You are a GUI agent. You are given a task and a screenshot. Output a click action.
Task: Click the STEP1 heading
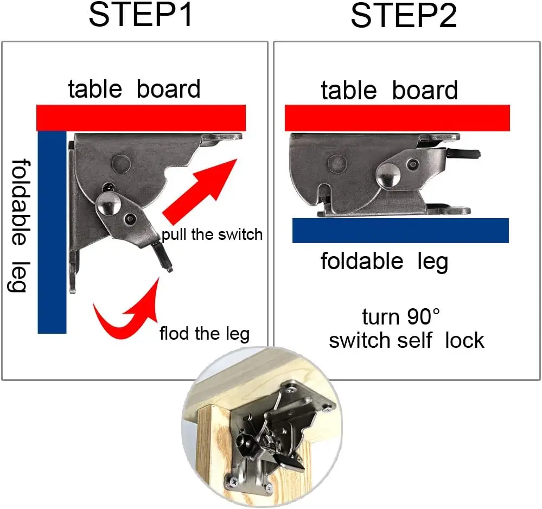pos(141,16)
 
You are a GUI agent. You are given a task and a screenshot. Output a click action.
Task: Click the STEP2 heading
pos(404,16)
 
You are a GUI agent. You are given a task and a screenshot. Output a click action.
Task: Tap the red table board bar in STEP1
pos(141,118)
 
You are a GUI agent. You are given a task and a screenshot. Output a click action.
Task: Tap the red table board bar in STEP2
pos(397,118)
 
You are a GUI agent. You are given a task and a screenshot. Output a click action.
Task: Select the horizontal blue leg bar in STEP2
pos(400,230)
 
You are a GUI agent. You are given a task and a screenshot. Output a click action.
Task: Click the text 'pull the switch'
pos(212,234)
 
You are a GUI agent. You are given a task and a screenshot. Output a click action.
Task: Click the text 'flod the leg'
pos(204,333)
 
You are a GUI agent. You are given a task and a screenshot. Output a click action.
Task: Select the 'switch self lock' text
pos(406,341)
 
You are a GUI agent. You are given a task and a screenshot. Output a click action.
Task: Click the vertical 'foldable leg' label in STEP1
pos(18,225)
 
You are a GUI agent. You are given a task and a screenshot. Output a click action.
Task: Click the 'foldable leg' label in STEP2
pos(384,262)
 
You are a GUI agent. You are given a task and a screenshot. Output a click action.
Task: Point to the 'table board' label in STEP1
pos(134,89)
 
